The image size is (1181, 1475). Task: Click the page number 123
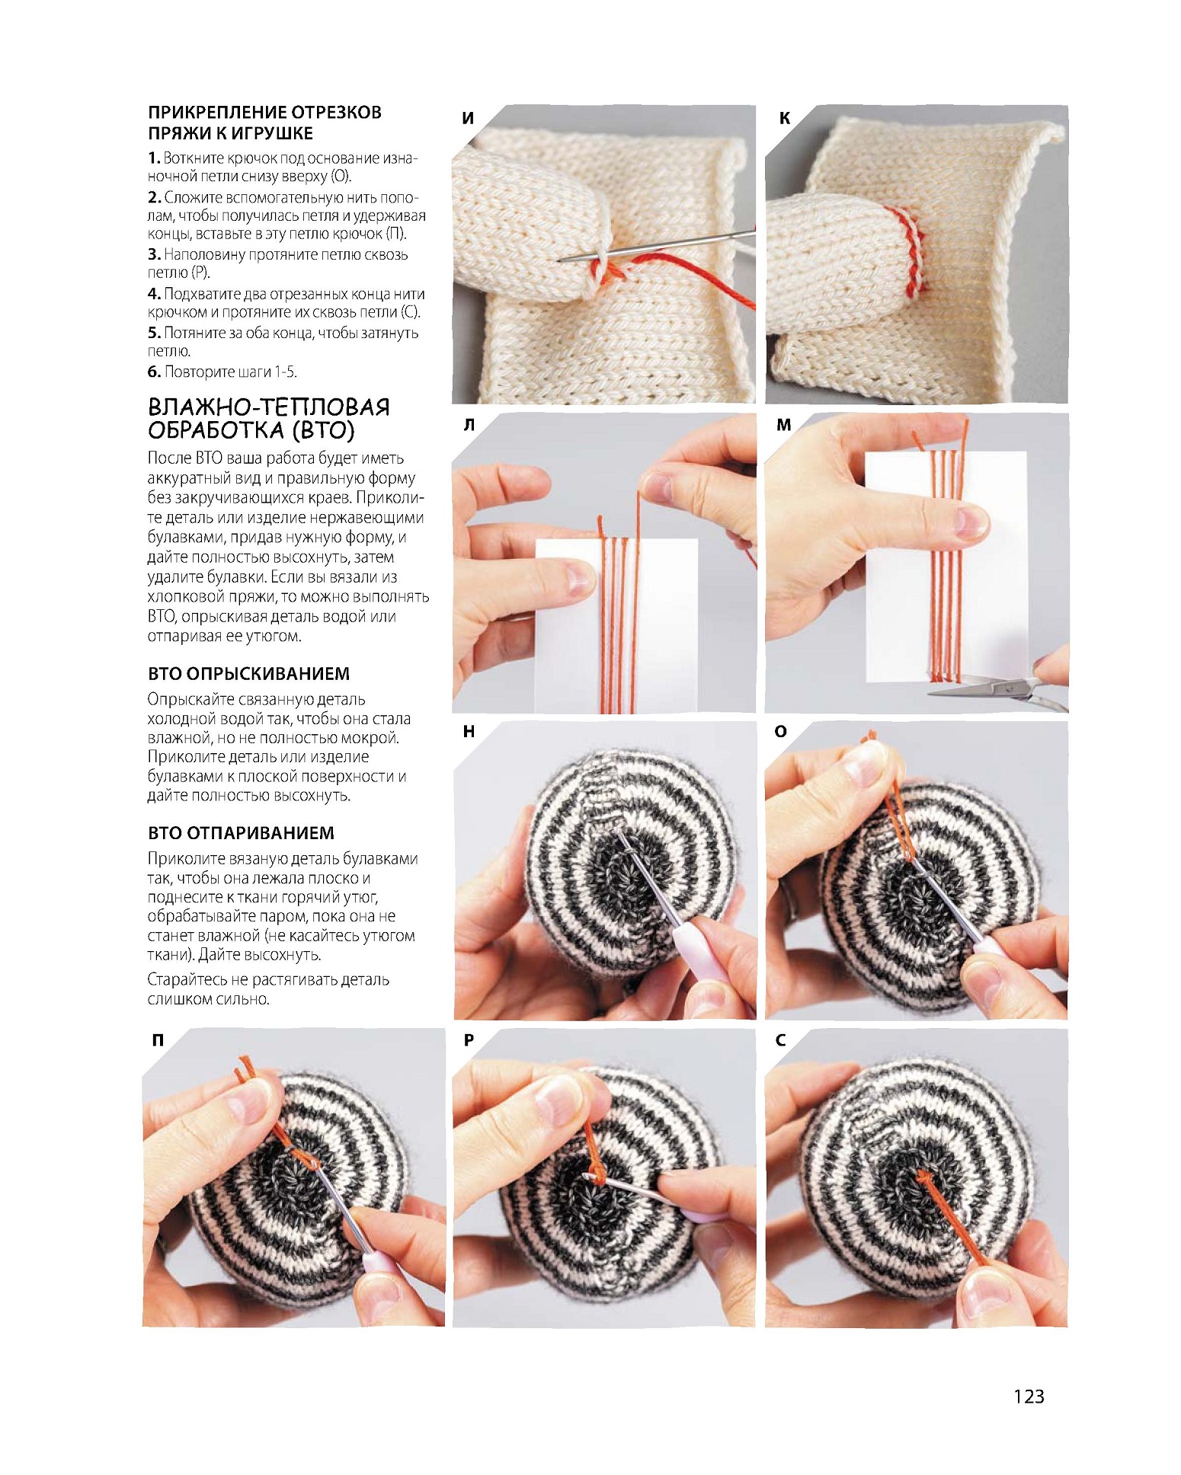tap(1028, 1396)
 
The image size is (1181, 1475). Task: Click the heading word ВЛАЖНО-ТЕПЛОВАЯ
tap(268, 407)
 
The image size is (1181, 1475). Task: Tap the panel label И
tap(468, 118)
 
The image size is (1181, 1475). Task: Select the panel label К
tap(785, 118)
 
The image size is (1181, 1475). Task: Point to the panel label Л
tap(469, 425)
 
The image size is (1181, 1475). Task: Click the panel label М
tap(784, 425)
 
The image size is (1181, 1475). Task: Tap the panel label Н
tap(469, 732)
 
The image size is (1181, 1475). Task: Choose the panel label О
tap(780, 732)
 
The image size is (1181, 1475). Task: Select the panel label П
tap(158, 1039)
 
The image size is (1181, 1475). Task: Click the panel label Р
tap(469, 1039)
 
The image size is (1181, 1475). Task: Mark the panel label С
tap(780, 1039)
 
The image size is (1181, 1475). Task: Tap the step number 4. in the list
tap(154, 294)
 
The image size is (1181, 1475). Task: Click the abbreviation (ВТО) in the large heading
tap(323, 431)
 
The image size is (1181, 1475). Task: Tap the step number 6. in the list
tap(154, 372)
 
